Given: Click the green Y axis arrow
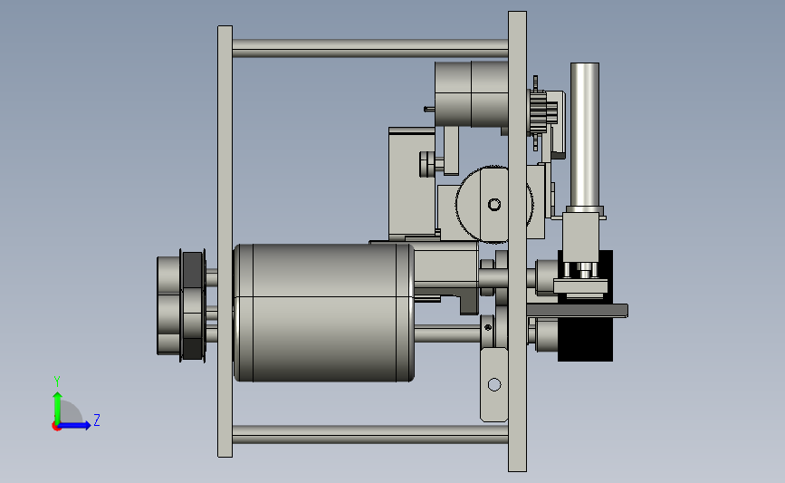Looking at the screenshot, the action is [58, 409].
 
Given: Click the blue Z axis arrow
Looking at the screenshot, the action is [74, 426].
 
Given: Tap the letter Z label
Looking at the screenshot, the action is [97, 420].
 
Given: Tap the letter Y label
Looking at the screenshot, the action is [57, 382].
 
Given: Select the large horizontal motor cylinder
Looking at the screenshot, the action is [323, 313].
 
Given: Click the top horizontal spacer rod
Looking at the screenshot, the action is [370, 48].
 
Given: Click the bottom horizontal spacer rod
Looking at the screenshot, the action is [370, 434].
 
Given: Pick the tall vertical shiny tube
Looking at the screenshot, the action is [584, 135].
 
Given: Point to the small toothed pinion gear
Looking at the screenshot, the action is [537, 112].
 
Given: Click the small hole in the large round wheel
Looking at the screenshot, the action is [494, 205].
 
